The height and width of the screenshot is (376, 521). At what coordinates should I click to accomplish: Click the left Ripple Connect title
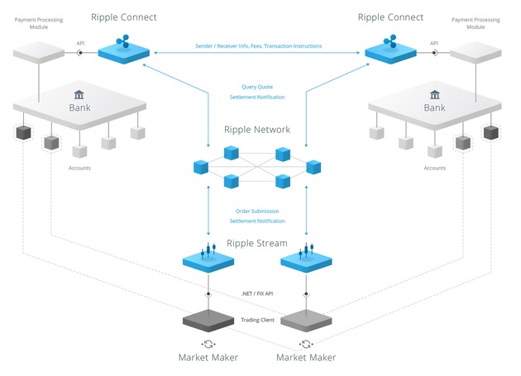point(123,17)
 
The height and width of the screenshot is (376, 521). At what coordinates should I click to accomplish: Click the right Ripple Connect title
point(391,17)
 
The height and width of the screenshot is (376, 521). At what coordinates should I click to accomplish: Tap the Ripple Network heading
point(257,130)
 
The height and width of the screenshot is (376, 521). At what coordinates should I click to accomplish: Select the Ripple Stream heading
point(257,243)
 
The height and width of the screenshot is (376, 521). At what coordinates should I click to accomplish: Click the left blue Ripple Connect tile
point(124,50)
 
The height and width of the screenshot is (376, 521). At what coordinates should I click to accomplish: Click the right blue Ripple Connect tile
point(391,51)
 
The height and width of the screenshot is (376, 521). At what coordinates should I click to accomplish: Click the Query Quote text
point(257,86)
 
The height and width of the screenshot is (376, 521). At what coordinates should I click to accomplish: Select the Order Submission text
point(257,210)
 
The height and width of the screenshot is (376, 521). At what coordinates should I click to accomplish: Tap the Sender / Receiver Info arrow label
point(258,46)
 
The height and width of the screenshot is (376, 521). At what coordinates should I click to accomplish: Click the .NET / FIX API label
point(257,294)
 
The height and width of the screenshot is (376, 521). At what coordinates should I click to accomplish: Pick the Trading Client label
point(257,320)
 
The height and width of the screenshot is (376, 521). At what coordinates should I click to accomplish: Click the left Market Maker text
point(208,357)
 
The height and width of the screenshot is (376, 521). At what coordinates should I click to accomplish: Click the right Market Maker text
point(307,357)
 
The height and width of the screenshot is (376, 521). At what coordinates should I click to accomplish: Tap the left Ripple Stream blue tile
point(208,259)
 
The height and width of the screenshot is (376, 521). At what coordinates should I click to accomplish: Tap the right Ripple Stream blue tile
point(307,259)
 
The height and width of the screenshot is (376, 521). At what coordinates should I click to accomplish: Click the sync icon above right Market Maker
point(307,343)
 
